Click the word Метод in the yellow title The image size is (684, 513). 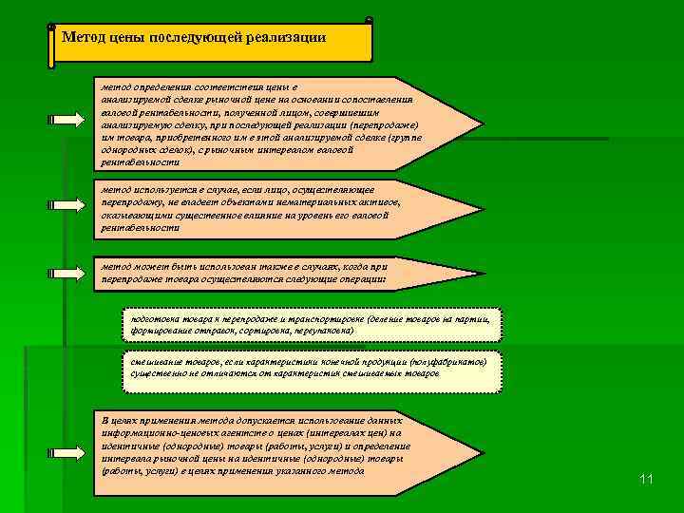click(x=81, y=37)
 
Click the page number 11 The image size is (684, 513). click(x=646, y=479)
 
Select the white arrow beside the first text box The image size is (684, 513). click(x=66, y=120)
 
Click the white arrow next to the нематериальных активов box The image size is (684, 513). click(x=66, y=203)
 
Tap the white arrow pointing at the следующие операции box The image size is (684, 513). click(x=66, y=273)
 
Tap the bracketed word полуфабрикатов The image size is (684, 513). click(x=446, y=362)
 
